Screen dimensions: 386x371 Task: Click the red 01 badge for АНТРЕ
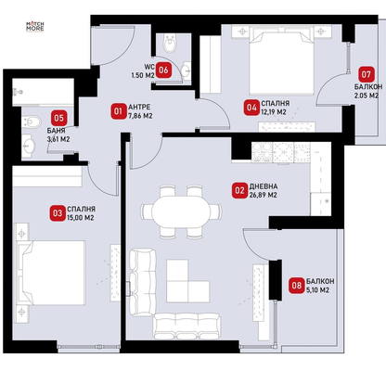118,111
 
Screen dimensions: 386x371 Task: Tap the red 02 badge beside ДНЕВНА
239,190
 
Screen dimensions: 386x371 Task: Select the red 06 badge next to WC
163,70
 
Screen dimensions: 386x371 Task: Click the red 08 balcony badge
296,285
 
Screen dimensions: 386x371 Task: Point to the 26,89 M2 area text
263,196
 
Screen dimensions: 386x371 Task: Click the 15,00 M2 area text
80,218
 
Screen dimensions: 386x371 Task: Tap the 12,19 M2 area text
274,112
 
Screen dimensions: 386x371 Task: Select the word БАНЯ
56,131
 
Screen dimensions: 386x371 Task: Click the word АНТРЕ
139,108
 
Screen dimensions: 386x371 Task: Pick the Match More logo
34,26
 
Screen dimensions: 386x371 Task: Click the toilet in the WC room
170,43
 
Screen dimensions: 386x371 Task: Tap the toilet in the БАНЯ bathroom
32,122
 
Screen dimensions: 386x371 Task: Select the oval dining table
182,211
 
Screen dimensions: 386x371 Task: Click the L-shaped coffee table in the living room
187,281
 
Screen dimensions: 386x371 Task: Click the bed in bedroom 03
51,273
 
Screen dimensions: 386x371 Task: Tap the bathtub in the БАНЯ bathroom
43,92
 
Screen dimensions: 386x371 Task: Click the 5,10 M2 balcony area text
317,290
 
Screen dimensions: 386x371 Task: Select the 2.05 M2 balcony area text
367,96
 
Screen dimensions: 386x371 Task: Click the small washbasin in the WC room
187,71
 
